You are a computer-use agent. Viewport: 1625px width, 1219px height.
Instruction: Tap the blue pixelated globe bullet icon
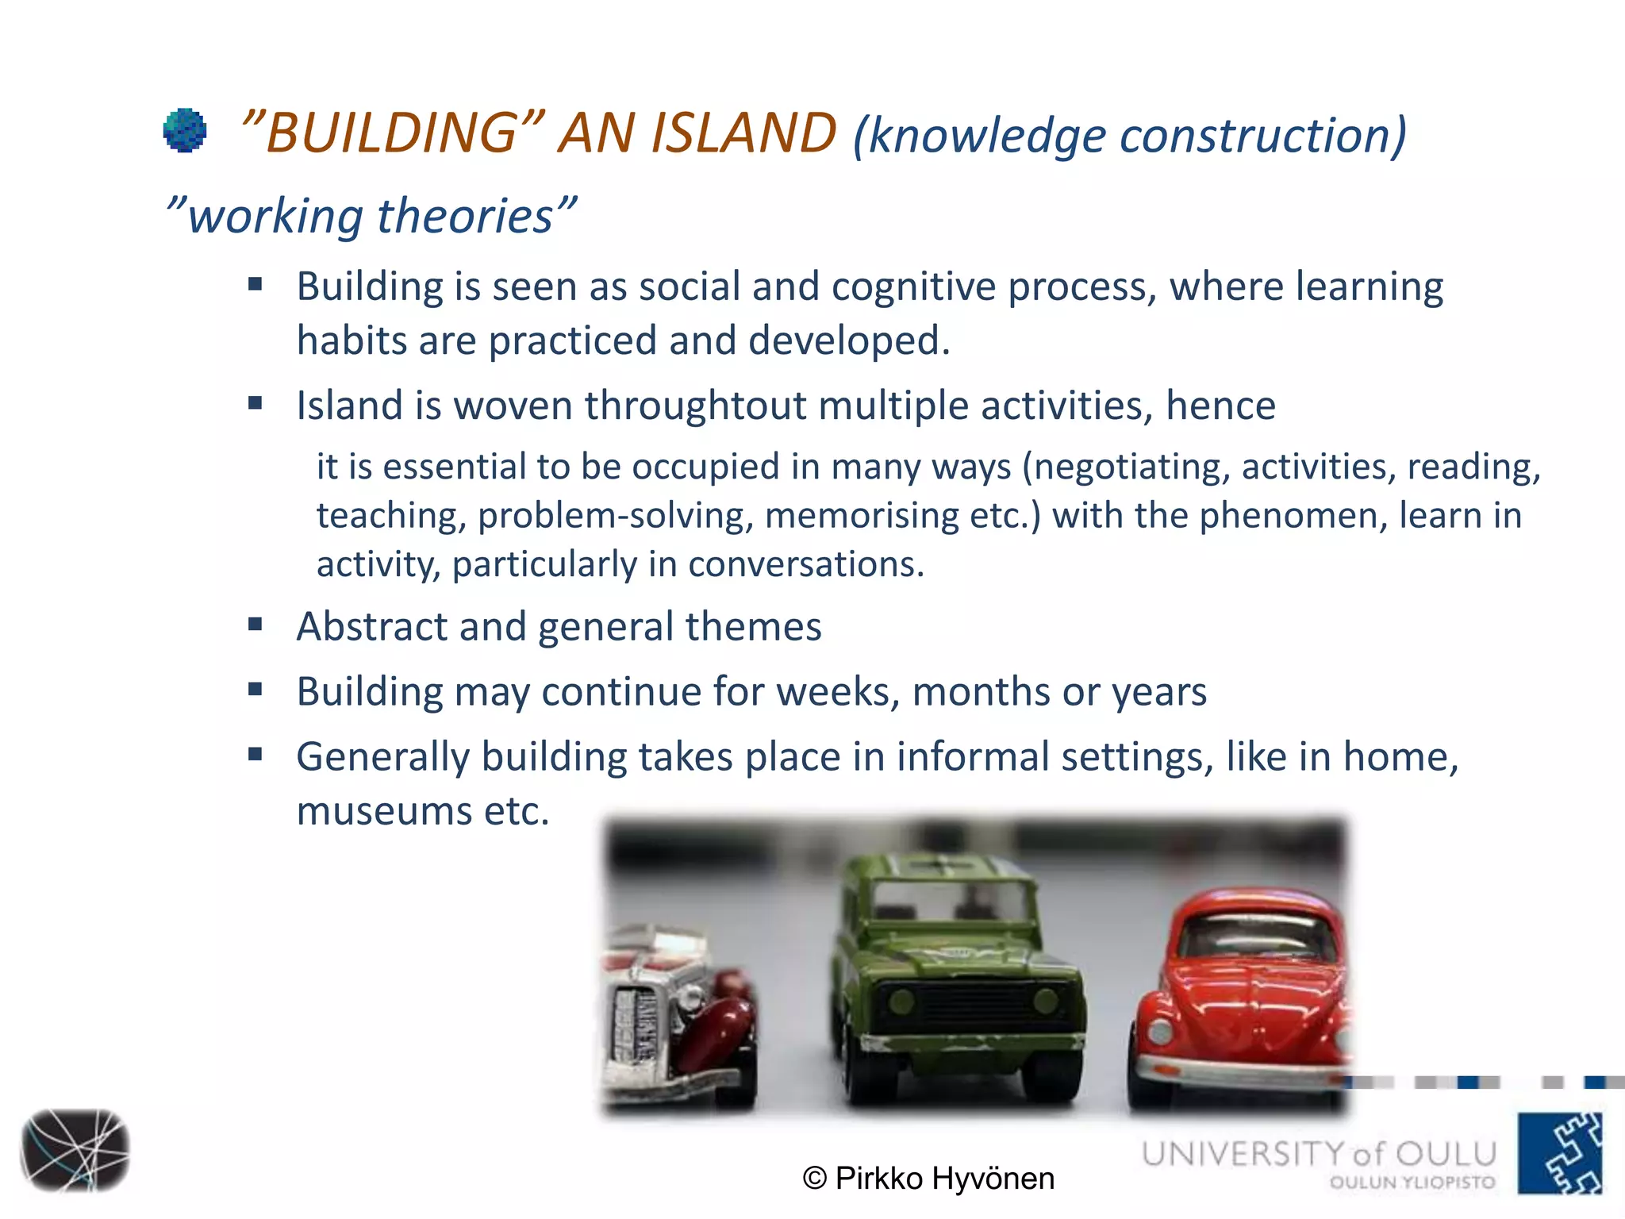pos(185,130)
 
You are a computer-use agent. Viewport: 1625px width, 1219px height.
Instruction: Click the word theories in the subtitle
pos(464,216)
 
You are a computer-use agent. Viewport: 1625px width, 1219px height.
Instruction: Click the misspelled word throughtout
pos(695,406)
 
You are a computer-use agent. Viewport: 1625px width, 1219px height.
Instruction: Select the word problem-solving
pos(615,516)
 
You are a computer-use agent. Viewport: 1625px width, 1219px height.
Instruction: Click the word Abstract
pos(371,626)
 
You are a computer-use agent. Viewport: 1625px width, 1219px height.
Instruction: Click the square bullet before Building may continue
pos(255,689)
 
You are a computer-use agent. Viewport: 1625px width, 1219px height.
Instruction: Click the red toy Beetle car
pos(1242,1000)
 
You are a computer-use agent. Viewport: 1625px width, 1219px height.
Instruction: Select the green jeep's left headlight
pos(902,1001)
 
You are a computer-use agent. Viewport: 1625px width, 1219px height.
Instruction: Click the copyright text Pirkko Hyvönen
pos(928,1178)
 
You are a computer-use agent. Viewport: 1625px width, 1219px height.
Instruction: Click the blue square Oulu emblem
pos(1560,1153)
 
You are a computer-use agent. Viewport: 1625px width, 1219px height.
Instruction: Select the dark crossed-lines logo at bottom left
pos(75,1150)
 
